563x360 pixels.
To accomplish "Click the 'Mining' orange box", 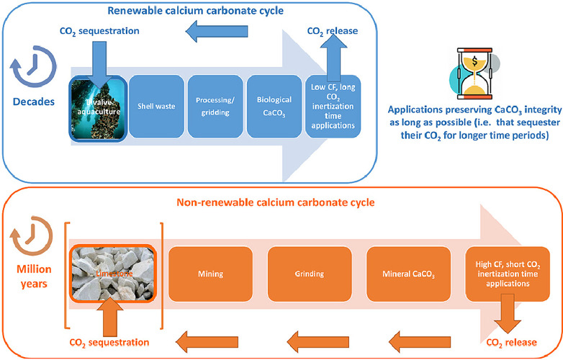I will click(x=210, y=274).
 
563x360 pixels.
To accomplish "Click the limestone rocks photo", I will click(x=112, y=274).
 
